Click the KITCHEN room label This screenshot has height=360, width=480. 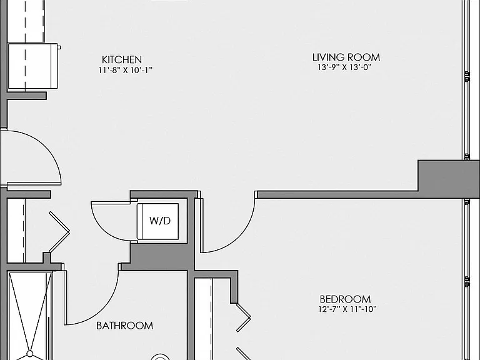pos(122,59)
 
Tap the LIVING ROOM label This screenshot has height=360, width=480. pos(346,57)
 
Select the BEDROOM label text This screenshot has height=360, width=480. pos(345,299)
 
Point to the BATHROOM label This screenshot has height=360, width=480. pos(124,326)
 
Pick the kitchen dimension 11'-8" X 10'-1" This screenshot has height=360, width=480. pos(125,70)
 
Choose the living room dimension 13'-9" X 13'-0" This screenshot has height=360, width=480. pos(344,67)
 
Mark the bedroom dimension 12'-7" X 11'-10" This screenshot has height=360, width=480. pos(347,309)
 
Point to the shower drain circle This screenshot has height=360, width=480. pos(30,354)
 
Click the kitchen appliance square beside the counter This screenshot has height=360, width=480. pos(32,66)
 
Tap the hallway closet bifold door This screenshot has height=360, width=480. pos(59,232)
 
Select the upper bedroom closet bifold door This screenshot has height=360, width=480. pos(244,317)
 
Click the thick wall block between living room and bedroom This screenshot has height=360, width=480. pos(449,179)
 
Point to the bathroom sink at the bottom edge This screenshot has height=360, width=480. pos(160,357)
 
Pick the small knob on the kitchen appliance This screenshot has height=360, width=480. pos(59,47)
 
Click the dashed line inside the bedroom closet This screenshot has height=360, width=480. pos(211,319)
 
